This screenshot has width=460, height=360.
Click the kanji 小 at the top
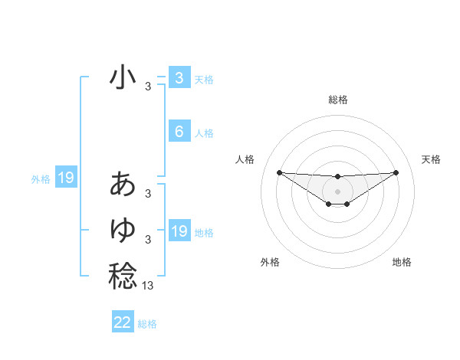pyautogui.click(x=123, y=77)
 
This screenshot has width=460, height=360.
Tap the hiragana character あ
pyautogui.click(x=123, y=185)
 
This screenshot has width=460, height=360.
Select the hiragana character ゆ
pyautogui.click(x=123, y=230)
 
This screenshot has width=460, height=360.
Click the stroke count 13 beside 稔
pyautogui.click(x=148, y=286)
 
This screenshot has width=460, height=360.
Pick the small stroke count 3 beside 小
pyautogui.click(x=148, y=87)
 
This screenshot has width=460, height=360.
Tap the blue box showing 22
pyautogui.click(x=123, y=322)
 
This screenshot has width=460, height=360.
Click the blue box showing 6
pyautogui.click(x=179, y=132)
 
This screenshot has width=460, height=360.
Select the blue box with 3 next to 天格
pyautogui.click(x=179, y=77)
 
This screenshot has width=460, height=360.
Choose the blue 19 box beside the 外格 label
pyautogui.click(x=66, y=178)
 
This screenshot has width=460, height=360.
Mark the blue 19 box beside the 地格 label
pyautogui.click(x=179, y=231)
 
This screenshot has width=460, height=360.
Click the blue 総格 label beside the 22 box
pyautogui.click(x=147, y=324)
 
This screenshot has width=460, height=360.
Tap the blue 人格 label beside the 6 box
pyautogui.click(x=204, y=133)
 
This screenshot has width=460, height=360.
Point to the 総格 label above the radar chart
pyautogui.click(x=337, y=100)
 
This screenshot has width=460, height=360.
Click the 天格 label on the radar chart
pyautogui.click(x=432, y=159)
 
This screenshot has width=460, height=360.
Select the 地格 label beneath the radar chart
pyautogui.click(x=402, y=262)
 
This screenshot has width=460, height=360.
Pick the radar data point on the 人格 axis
pyautogui.click(x=279, y=172)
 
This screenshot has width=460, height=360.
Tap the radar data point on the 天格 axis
pyautogui.click(x=396, y=172)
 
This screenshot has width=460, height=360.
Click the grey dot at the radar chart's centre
pyautogui.click(x=337, y=191)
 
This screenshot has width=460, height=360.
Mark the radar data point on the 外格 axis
pyautogui.click(x=328, y=204)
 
